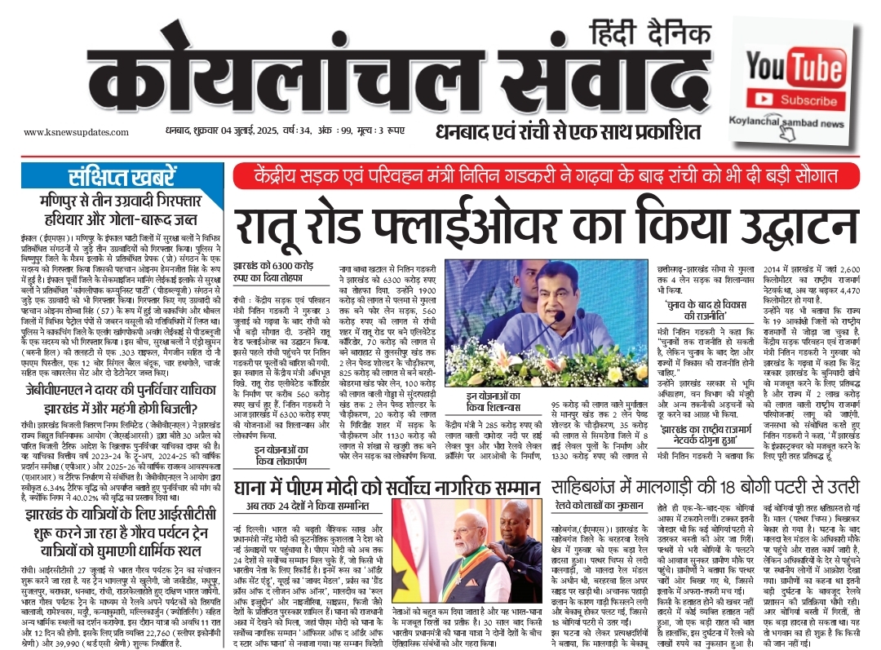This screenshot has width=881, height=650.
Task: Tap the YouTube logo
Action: coord(796,64)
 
